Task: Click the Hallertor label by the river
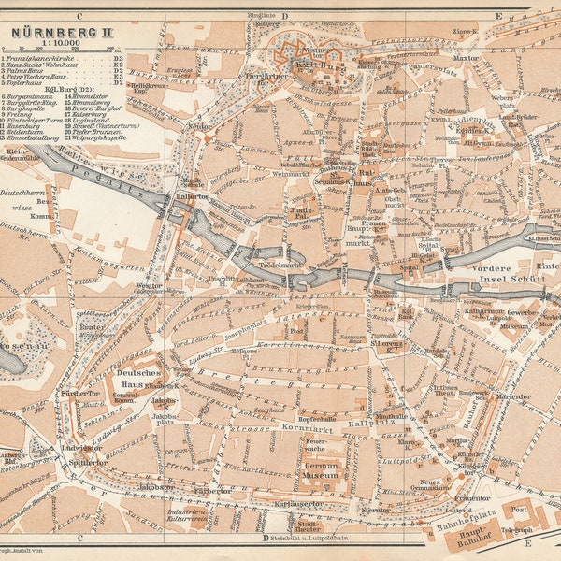click(191, 197)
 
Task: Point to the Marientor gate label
click(513, 396)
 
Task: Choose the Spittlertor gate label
click(88, 461)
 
